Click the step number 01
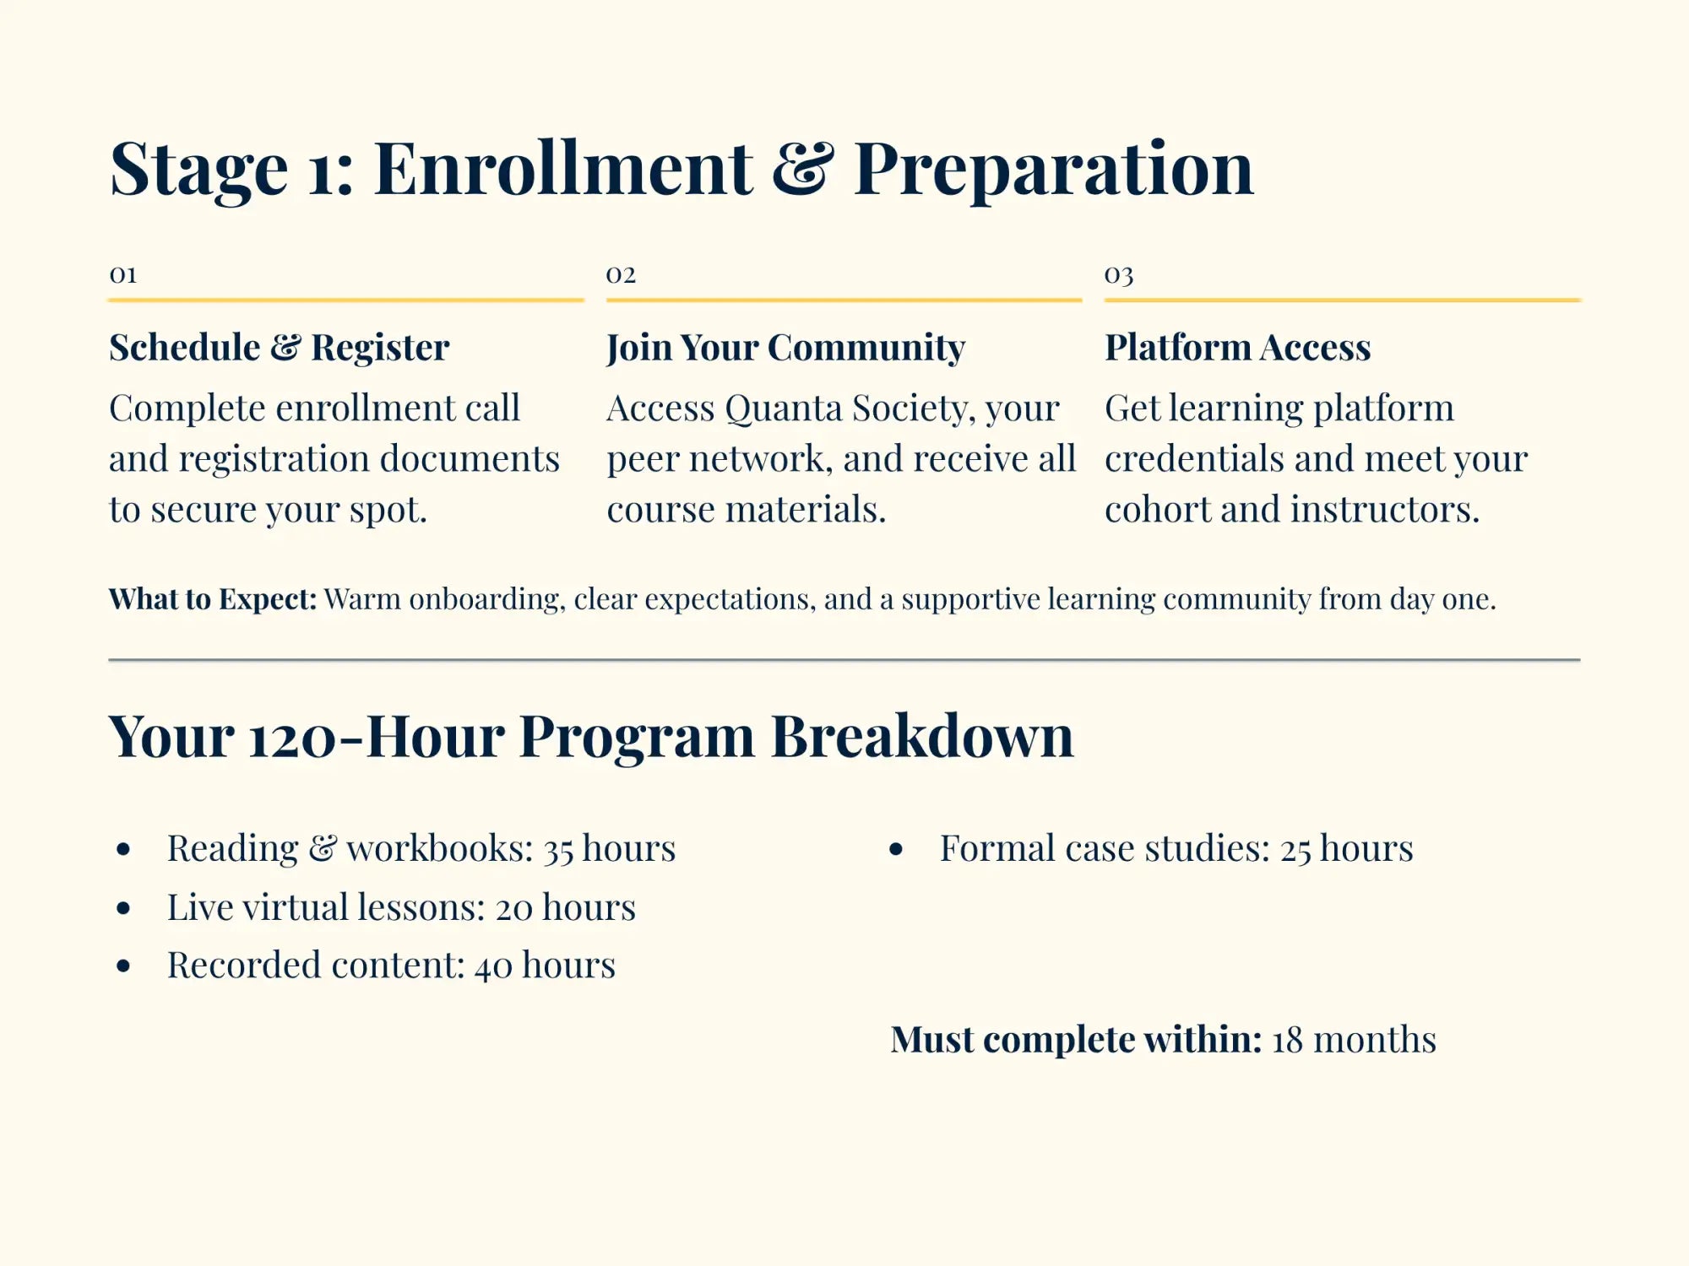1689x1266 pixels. point(123,274)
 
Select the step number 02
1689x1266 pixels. point(621,274)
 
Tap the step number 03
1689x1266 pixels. point(1119,274)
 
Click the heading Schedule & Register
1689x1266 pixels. point(279,348)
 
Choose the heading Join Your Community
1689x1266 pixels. point(785,348)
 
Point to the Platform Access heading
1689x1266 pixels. point(1237,348)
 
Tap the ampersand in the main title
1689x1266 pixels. point(802,169)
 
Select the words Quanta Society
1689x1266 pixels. point(844,408)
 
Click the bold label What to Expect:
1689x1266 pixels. point(213,599)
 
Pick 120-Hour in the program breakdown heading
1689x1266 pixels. point(377,736)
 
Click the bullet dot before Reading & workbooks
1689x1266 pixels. point(124,849)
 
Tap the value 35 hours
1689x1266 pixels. point(609,849)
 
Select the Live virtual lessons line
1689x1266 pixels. point(401,908)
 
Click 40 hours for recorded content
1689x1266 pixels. point(545,966)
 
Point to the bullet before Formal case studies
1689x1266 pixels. point(897,849)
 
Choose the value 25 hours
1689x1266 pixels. point(1346,849)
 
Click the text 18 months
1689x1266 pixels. point(1354,1040)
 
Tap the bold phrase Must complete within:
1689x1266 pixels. point(1076,1040)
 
